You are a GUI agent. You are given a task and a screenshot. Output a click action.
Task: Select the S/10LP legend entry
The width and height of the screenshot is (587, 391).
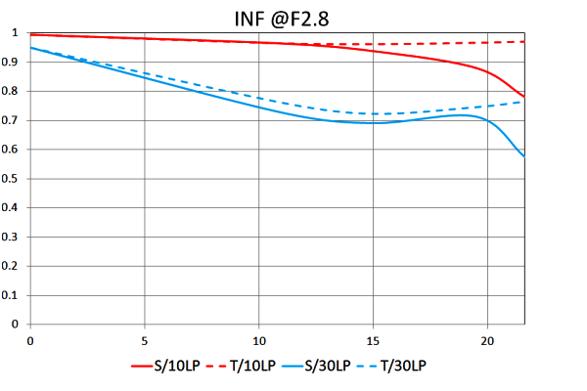(x=176, y=366)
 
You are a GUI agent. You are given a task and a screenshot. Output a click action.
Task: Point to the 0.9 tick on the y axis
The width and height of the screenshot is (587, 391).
(x=14, y=63)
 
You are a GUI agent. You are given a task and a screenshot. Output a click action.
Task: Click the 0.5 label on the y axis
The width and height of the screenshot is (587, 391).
(x=14, y=179)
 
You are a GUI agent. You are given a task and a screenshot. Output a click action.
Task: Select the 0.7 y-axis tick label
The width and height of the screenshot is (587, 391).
(x=14, y=120)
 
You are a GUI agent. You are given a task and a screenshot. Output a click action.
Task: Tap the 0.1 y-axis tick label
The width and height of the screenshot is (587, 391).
(x=14, y=295)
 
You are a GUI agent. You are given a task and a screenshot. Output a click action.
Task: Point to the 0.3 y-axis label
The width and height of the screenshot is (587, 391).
(x=14, y=238)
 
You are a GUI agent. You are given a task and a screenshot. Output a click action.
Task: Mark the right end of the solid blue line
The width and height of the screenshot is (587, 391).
(x=524, y=156)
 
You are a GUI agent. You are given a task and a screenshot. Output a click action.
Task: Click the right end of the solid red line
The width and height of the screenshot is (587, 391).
(x=524, y=97)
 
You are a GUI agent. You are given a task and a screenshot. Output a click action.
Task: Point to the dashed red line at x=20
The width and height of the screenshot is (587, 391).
(x=487, y=43)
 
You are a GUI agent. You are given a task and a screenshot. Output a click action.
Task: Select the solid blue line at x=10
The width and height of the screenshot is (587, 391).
(x=259, y=107)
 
